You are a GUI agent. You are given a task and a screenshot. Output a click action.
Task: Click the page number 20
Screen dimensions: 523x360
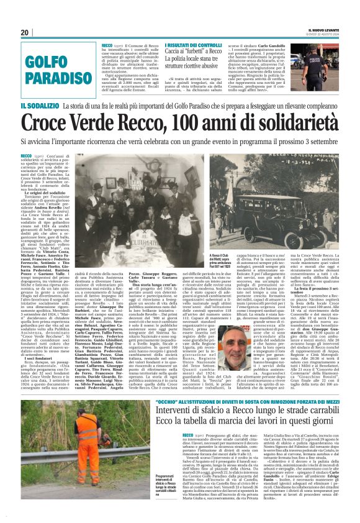pyautogui.click(x=25, y=33)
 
